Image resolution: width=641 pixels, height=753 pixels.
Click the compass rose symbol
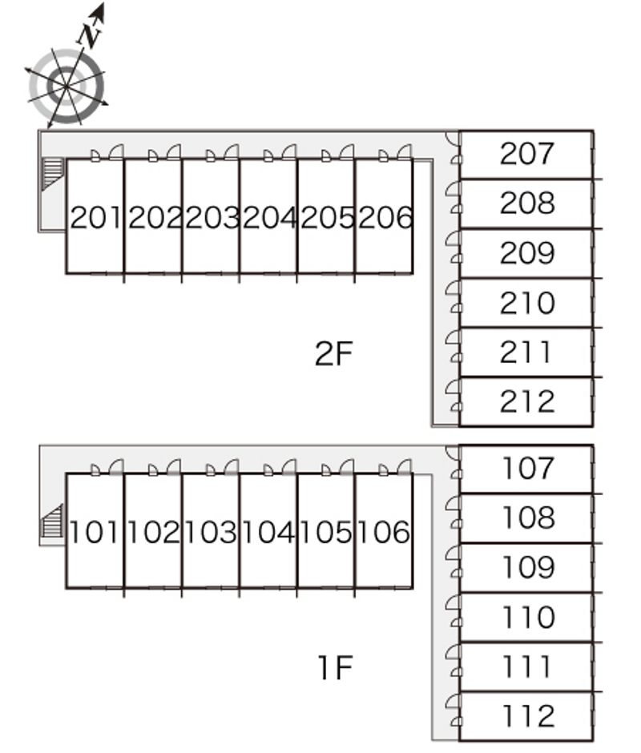pyautogui.click(x=67, y=87)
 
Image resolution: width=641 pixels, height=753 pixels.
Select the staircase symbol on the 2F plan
pyautogui.click(x=52, y=174)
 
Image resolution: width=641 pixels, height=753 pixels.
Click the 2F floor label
pyautogui.click(x=334, y=353)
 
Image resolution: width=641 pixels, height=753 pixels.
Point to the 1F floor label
pyautogui.click(x=336, y=667)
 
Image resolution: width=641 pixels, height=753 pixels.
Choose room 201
pyautogui.click(x=95, y=216)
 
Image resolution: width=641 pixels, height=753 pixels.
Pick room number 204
pyautogui.click(x=268, y=216)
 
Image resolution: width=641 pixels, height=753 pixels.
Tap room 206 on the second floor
pyautogui.click(x=384, y=216)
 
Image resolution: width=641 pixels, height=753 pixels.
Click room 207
pyautogui.click(x=526, y=155)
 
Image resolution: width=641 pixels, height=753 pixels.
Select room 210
pyautogui.click(x=526, y=303)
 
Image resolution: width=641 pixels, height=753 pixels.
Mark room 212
pyautogui.click(x=526, y=402)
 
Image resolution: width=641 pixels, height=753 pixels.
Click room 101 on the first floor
pyautogui.click(x=95, y=531)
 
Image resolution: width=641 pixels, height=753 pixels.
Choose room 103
pyautogui.click(x=211, y=531)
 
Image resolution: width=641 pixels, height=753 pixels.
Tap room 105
pyautogui.click(x=326, y=531)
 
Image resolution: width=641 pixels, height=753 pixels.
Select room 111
pyautogui.click(x=526, y=667)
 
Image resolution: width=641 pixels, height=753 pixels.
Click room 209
pyautogui.click(x=526, y=254)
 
